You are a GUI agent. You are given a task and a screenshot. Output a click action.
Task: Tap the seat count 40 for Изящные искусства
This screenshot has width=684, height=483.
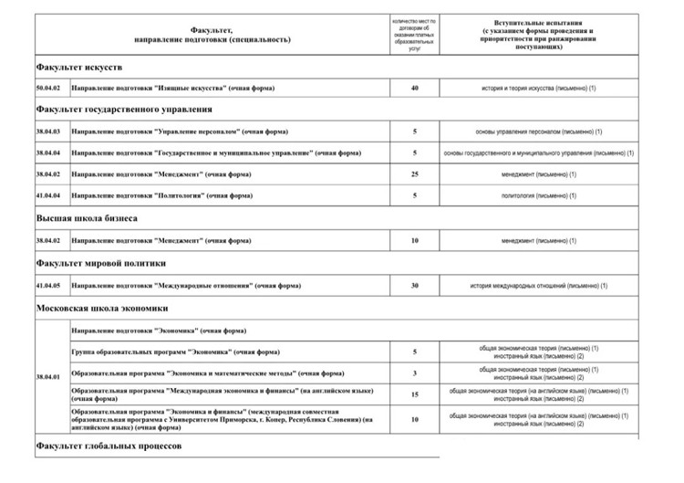click(x=414, y=88)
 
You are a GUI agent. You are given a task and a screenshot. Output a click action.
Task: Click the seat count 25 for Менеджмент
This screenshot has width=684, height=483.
click(x=414, y=173)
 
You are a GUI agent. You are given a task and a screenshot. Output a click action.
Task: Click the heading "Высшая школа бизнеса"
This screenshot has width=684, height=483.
click(x=88, y=219)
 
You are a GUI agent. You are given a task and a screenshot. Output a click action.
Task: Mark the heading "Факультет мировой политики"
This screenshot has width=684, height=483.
click(x=109, y=263)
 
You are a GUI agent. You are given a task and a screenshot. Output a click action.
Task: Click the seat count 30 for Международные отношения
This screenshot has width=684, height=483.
click(x=414, y=285)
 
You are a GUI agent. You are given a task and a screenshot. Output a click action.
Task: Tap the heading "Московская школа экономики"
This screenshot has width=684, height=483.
click(x=103, y=308)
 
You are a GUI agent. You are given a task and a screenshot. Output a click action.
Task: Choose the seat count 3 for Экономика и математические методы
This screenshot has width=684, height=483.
click(x=414, y=373)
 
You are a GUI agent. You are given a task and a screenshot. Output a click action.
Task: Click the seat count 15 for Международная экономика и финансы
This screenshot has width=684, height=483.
click(x=414, y=394)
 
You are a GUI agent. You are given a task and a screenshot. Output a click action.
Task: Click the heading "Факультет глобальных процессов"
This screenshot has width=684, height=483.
click(x=109, y=446)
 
